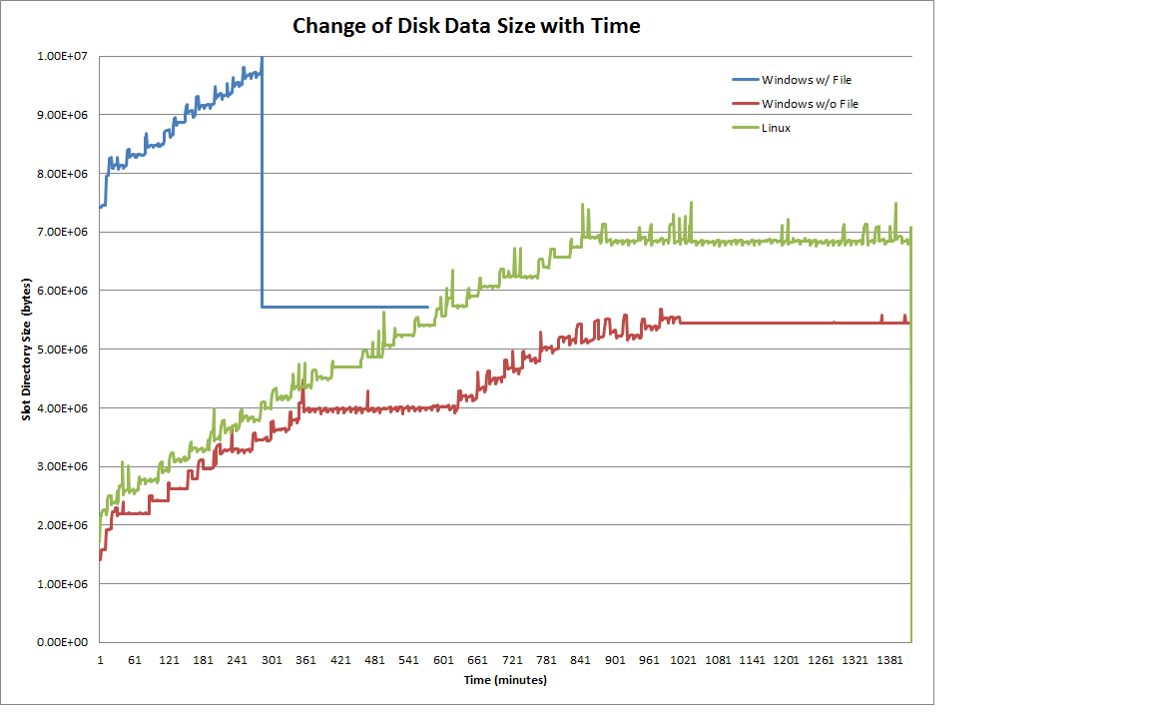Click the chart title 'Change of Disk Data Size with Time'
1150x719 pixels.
[x=466, y=26]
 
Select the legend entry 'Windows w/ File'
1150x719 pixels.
[x=807, y=79]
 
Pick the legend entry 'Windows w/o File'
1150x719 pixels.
[x=810, y=103]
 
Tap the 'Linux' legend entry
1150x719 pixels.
[x=776, y=128]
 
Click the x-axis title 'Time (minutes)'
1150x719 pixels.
[x=505, y=680]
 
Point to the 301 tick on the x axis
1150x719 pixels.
[x=271, y=660]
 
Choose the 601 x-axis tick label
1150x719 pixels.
[x=442, y=660]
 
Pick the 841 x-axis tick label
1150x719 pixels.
[x=581, y=660]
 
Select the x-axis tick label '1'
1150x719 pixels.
[x=100, y=660]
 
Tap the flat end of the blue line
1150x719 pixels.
[x=426, y=307]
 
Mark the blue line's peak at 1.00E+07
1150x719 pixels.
[x=262, y=57]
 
